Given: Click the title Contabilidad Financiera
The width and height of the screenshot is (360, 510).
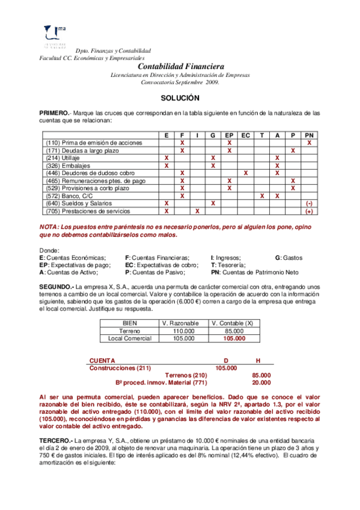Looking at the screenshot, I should (181, 66).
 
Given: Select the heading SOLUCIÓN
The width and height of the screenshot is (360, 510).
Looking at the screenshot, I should (179, 97).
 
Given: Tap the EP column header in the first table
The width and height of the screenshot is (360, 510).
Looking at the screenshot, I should (230, 135).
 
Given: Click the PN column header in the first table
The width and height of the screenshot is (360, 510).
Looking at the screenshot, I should (309, 135).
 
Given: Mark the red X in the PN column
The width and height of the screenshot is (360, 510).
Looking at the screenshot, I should (309, 143).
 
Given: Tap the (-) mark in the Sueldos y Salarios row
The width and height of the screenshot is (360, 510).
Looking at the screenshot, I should (309, 204).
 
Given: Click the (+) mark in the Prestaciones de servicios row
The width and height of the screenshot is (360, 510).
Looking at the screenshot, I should (309, 212).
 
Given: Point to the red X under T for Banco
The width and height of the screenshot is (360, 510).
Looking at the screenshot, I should (261, 196).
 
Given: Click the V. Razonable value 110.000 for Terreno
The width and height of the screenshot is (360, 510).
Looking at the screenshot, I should (184, 331).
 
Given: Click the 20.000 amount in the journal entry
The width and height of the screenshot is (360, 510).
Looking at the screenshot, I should (261, 382).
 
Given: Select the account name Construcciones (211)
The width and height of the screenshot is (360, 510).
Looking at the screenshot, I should (120, 367).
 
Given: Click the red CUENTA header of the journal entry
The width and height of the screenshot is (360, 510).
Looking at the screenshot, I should (103, 360).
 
